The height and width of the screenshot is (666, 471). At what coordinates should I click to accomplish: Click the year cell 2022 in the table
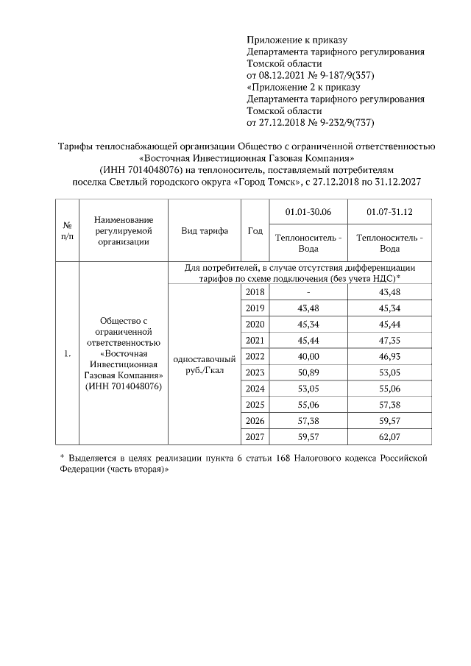click(254, 356)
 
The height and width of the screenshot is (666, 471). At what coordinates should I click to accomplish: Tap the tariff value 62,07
click(389, 438)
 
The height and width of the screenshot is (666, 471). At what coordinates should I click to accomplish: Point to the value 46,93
click(389, 356)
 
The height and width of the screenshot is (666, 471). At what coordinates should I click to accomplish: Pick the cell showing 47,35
click(389, 340)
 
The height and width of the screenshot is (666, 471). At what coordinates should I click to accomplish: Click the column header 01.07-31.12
click(389, 212)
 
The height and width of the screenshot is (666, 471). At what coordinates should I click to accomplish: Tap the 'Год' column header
click(254, 231)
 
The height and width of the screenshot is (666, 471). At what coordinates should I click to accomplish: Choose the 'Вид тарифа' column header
click(205, 231)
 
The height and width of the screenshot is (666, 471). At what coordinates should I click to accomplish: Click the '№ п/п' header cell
click(67, 231)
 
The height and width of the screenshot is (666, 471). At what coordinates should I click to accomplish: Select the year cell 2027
click(254, 438)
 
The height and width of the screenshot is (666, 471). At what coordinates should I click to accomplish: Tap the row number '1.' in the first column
click(67, 355)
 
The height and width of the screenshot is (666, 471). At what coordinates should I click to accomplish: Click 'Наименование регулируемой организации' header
click(123, 231)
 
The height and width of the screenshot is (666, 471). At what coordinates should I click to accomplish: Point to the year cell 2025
click(254, 405)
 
